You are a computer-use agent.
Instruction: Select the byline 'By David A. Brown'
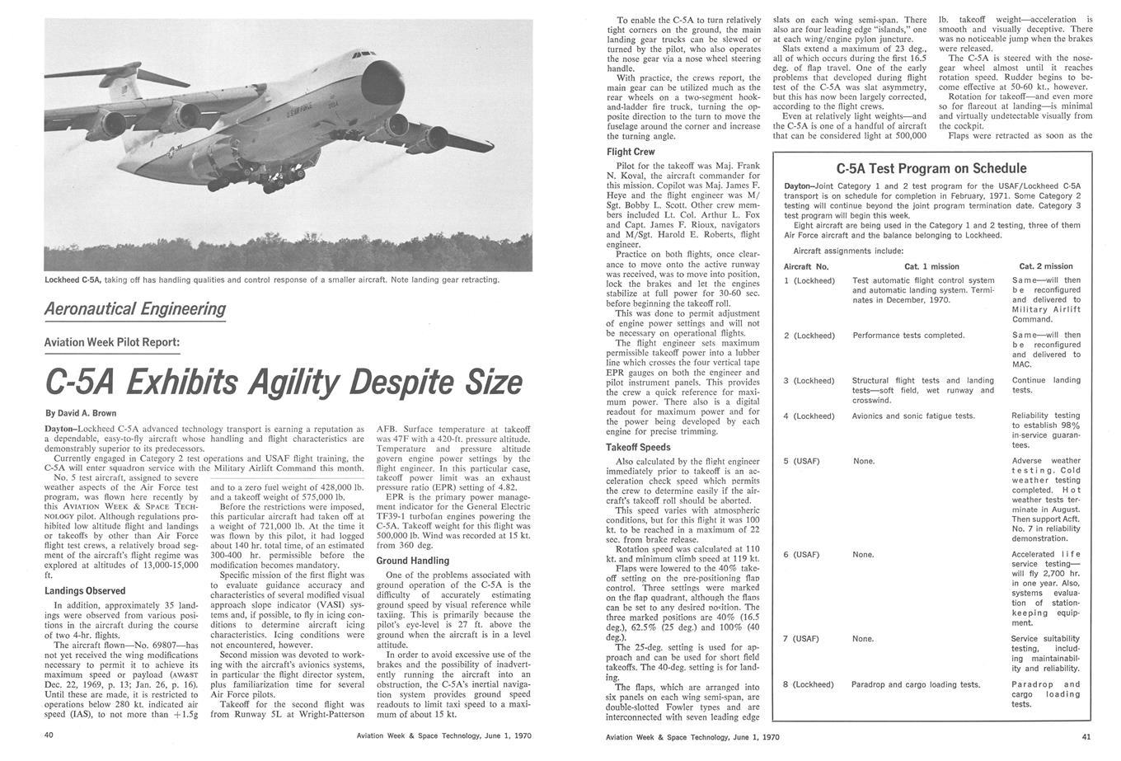(81, 413)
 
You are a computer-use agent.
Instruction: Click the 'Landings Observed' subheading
(85, 590)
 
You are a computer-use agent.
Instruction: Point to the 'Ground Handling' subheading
(414, 561)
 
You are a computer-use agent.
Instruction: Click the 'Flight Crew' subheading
(631, 152)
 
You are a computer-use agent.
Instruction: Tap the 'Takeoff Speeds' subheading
(638, 448)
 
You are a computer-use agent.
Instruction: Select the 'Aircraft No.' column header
(806, 266)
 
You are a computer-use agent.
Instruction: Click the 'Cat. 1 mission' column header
(931, 266)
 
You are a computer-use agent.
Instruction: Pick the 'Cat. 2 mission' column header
(1046, 266)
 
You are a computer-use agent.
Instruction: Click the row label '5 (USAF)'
(801, 461)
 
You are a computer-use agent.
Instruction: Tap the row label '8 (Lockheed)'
(809, 684)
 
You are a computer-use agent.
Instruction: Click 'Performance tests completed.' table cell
(908, 336)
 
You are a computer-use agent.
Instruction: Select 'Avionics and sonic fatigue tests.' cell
(913, 416)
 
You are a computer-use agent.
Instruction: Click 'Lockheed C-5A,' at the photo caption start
(73, 280)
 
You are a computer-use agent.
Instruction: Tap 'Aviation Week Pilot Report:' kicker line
(111, 342)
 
